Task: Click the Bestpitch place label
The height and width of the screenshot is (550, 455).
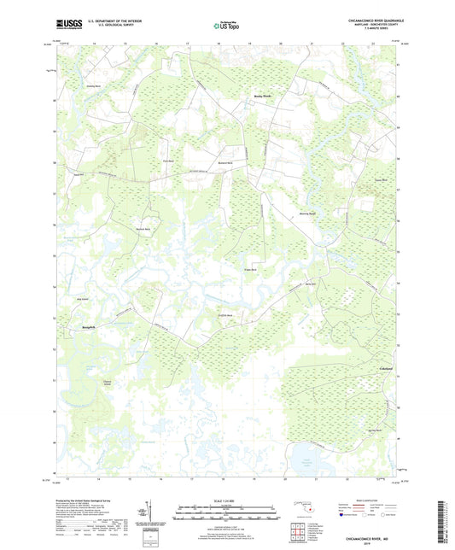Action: coord(93,326)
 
